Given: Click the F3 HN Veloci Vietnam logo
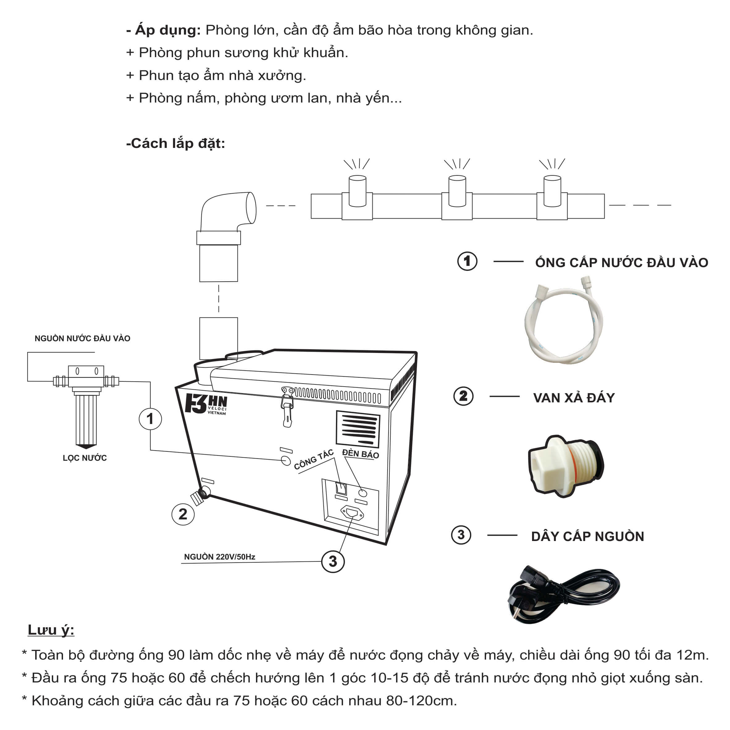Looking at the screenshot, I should coord(206,405).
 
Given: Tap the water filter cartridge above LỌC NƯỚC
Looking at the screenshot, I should coord(86,417).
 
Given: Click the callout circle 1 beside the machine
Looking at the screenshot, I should coord(150,419).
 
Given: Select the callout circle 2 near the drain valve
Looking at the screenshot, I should coord(183,514).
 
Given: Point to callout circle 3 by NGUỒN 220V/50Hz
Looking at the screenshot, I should coord(333,561).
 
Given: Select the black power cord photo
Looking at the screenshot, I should coord(563,593).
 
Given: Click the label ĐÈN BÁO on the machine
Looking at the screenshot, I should coord(360,454).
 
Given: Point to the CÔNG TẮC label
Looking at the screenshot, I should coord(314,460).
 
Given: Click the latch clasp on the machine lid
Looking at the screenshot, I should coord(288,406).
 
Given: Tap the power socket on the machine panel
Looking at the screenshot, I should coord(352,513).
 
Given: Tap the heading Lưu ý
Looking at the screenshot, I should coord(51,630).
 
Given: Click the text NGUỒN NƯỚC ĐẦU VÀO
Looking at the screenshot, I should coord(82,338).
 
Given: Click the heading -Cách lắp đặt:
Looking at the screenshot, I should coord(176,143).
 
